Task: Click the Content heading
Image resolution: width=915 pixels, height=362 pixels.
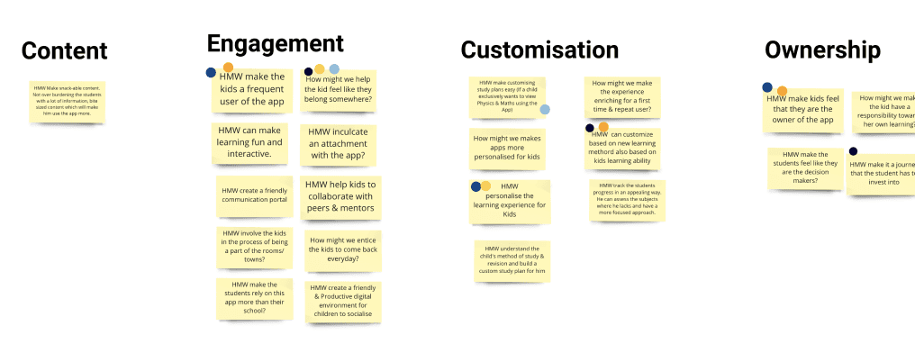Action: (x=64, y=51)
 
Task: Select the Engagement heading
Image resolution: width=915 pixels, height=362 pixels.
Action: (x=275, y=43)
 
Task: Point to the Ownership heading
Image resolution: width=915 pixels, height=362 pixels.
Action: (x=822, y=50)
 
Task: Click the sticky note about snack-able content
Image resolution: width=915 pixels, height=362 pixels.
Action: (x=68, y=100)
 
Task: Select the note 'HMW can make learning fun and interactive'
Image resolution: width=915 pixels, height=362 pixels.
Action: (x=250, y=142)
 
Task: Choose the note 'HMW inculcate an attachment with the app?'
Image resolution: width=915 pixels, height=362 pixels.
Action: (x=338, y=143)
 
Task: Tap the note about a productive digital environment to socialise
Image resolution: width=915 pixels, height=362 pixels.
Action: (x=343, y=302)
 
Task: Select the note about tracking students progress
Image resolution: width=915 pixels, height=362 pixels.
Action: (x=626, y=200)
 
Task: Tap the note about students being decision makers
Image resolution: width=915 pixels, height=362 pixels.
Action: (x=805, y=167)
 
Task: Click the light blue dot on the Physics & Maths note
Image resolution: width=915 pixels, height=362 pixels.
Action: (x=545, y=110)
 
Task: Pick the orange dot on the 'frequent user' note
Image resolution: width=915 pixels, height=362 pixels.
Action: (x=228, y=68)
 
